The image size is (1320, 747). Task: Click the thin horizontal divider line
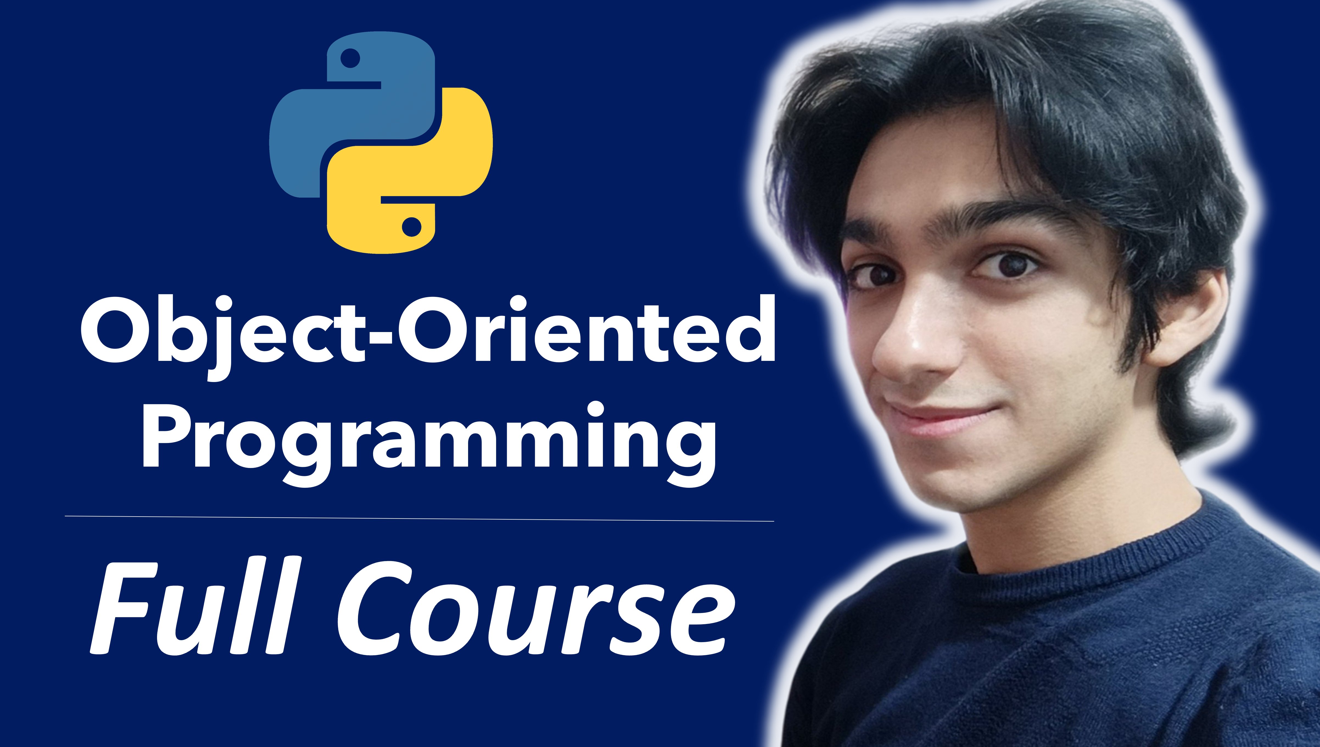tap(420, 518)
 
